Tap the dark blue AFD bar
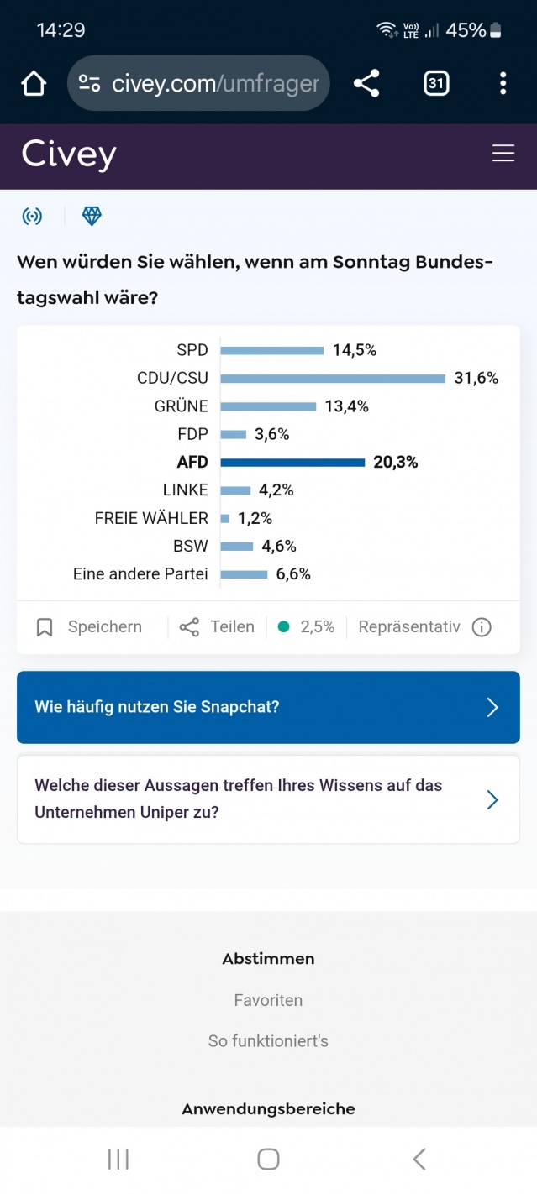(292, 463)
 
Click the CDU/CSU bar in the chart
(333, 379)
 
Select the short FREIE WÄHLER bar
(225, 519)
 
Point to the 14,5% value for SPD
(354, 350)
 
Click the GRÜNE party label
(181, 406)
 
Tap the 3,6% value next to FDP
(271, 434)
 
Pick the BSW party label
(190, 547)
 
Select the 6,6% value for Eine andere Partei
(293, 574)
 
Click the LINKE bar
(236, 490)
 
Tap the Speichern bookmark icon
(45, 627)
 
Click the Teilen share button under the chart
(217, 627)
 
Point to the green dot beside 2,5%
(283, 626)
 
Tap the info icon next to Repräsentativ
(482, 627)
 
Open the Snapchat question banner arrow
(492, 707)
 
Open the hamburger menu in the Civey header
(503, 153)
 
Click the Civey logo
(69, 154)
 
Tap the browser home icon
(34, 83)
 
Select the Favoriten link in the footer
(268, 1000)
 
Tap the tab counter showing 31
(435, 83)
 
